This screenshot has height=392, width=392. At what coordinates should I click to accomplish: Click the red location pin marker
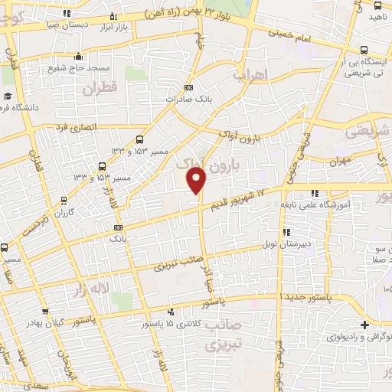(x=197, y=180)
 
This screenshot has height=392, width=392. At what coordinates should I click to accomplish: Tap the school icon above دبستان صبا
(x=113, y=15)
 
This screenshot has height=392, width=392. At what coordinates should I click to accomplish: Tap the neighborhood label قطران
(x=99, y=90)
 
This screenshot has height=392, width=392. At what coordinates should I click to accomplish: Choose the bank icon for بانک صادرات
(x=189, y=88)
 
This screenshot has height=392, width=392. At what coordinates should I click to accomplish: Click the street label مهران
(x=341, y=162)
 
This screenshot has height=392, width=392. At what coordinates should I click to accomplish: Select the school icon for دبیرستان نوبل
(x=286, y=232)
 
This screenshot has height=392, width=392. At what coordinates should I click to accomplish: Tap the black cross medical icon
(x=366, y=325)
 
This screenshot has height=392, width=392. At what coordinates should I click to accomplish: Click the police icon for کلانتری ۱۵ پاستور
(x=170, y=311)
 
